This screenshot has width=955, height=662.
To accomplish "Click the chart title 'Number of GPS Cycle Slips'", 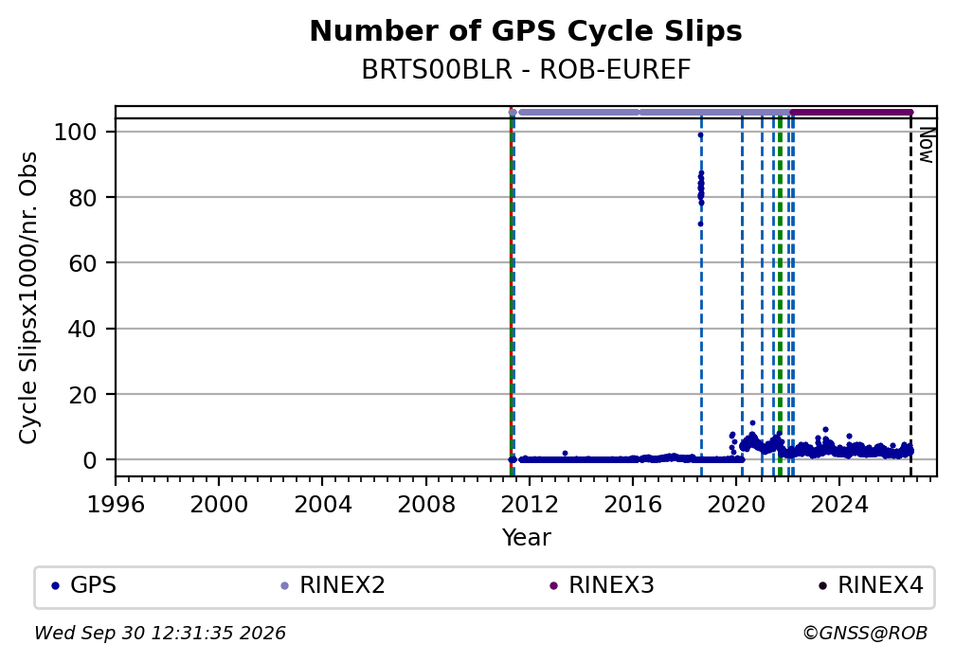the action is (526, 31).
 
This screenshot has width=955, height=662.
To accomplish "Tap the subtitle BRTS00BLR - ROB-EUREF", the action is (526, 70).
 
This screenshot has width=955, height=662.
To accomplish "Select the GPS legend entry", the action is (84, 585).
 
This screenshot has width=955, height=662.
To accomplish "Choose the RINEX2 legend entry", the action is (333, 585).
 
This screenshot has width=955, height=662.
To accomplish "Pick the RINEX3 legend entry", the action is (602, 585).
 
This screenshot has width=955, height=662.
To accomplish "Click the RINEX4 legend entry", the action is (871, 585).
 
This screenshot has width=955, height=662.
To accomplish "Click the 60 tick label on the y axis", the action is (82, 263).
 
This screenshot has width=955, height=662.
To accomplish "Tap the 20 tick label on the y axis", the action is (82, 395).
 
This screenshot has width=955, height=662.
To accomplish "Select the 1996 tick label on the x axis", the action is (116, 505).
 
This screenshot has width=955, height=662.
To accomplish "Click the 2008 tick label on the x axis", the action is (425, 505).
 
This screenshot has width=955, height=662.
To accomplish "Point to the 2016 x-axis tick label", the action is (632, 505).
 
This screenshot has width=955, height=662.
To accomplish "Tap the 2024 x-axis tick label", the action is (838, 505).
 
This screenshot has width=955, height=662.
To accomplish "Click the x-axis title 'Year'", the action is (526, 538).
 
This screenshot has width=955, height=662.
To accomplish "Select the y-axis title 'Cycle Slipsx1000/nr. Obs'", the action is (28, 297).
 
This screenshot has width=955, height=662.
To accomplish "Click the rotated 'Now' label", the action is (926, 145).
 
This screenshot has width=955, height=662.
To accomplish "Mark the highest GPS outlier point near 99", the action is (700, 135).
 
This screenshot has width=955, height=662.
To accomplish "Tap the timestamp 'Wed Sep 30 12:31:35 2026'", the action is (159, 634).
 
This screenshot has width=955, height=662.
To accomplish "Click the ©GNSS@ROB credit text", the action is (865, 634).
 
